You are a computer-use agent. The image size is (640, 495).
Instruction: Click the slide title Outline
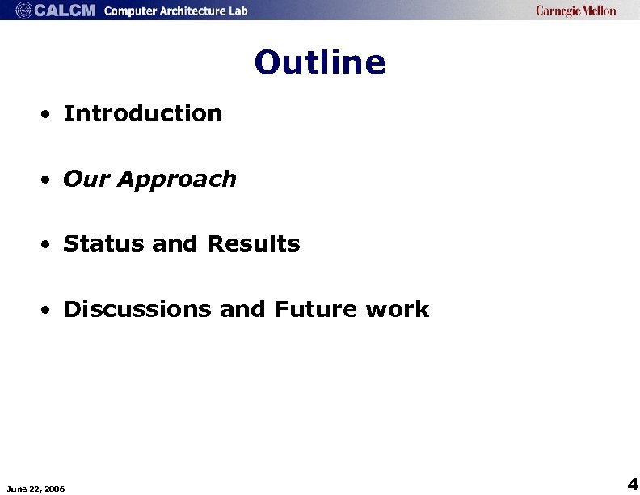click(x=320, y=62)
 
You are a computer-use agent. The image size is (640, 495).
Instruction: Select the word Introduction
click(x=143, y=113)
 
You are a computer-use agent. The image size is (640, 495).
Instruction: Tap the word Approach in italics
click(x=177, y=179)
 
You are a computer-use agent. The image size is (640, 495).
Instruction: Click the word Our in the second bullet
click(x=86, y=179)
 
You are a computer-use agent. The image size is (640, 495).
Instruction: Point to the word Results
click(x=254, y=243)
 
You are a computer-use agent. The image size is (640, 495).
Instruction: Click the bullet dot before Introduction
click(x=49, y=114)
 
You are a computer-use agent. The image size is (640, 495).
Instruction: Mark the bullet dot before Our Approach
click(x=49, y=180)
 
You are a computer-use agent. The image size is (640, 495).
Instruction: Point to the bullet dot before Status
click(x=49, y=244)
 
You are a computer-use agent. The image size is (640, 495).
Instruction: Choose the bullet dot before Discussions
click(x=49, y=310)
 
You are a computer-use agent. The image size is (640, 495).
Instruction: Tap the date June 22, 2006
click(x=36, y=488)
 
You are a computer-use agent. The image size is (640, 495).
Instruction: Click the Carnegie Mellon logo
click(x=575, y=11)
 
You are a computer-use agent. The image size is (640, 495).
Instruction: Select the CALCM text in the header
click(x=65, y=11)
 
